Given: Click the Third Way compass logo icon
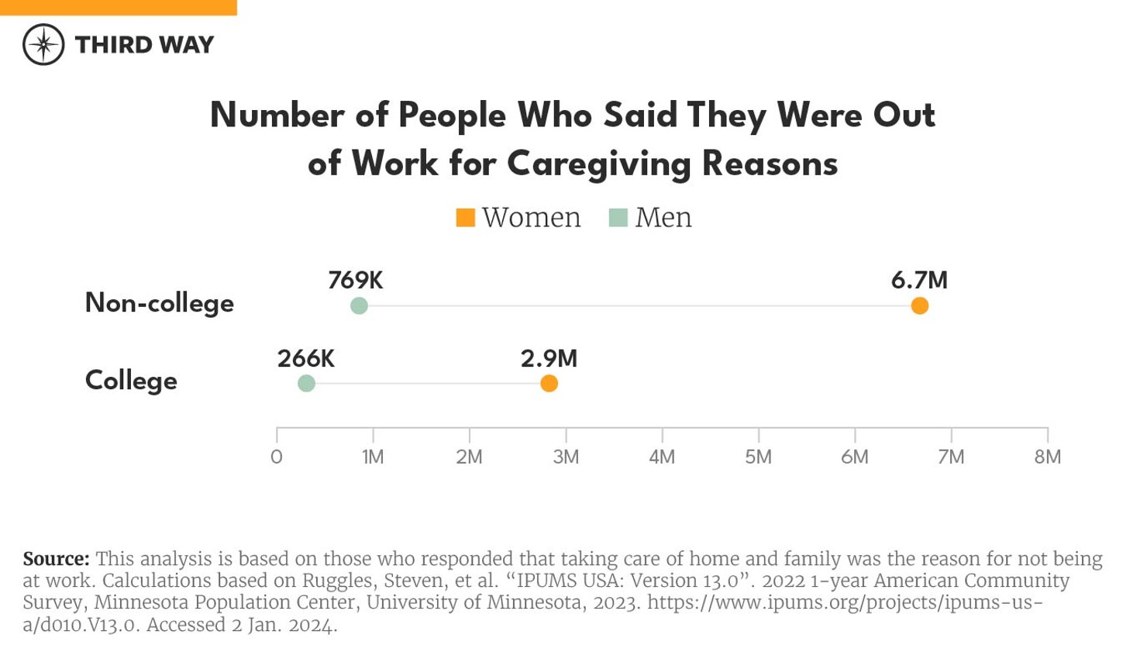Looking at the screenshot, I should tap(43, 44).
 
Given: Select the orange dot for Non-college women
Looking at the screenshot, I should tap(919, 305).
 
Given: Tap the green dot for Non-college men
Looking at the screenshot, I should tap(359, 305).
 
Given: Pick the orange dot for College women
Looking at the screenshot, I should tap(549, 383).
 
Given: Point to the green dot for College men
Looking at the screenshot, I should tap(306, 383).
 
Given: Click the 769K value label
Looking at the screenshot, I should tap(355, 280).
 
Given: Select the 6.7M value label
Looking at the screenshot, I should tap(919, 280).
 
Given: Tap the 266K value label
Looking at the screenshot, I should tap(305, 358).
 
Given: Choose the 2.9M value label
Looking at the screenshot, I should tap(549, 358).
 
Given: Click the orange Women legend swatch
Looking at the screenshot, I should tap(465, 218).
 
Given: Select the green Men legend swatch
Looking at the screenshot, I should tap(618, 218).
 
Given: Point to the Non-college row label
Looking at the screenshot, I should tap(159, 302).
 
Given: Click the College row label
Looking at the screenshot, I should tap(131, 381).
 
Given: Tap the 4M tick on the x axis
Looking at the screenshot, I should tap(662, 457).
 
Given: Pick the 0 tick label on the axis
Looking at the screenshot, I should tap(277, 457).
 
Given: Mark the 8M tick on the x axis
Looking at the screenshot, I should tap(1047, 457).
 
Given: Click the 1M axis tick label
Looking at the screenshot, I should tap(373, 457).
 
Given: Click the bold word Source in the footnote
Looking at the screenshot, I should tap(56, 559).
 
